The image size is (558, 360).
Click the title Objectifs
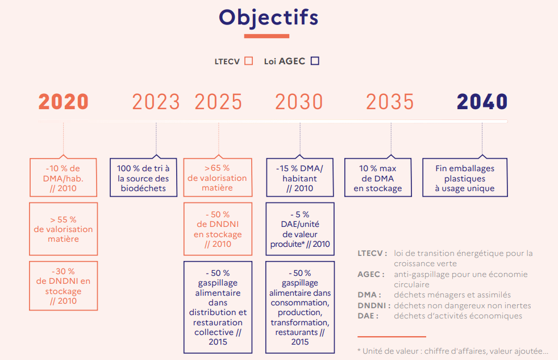tap(268, 18)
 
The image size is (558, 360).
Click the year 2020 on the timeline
tap(63, 102)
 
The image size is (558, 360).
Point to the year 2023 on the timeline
tap(156, 102)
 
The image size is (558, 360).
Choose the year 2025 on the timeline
tap(219, 102)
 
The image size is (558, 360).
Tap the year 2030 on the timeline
tap(299, 102)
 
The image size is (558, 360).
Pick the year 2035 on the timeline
tap(390, 102)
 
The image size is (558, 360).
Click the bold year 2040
tap(482, 102)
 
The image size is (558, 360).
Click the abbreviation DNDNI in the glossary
tap(374, 305)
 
